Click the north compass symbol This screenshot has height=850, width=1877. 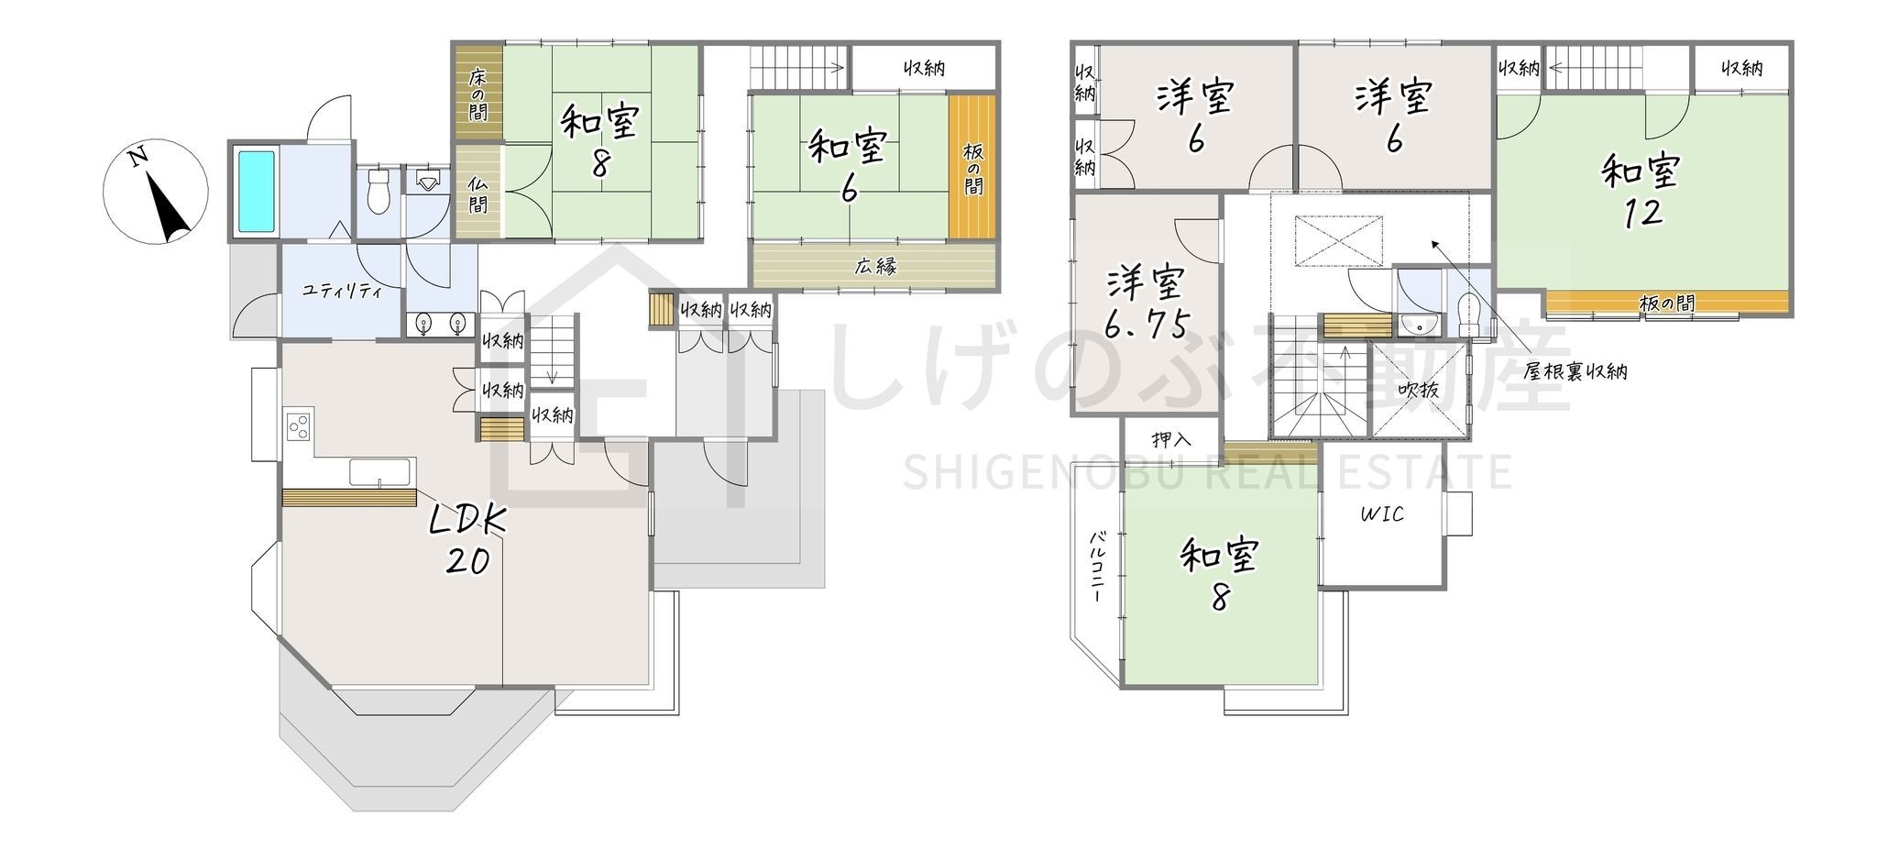(x=154, y=192)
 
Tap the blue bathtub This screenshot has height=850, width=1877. (x=257, y=192)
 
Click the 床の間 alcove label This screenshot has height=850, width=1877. (x=477, y=94)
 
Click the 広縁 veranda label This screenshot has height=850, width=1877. (x=875, y=267)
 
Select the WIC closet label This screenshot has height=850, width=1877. (x=1381, y=514)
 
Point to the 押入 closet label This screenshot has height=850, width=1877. (x=1171, y=439)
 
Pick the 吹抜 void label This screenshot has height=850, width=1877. (x=1418, y=390)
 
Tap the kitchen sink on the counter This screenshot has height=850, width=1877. (x=379, y=473)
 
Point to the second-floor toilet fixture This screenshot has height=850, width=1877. (x=1467, y=315)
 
